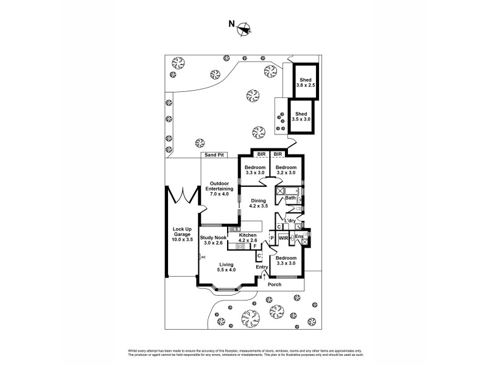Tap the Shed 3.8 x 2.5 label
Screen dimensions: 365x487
click(x=305, y=83)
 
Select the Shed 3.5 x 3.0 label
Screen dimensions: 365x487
click(x=301, y=117)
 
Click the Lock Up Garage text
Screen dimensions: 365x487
click(x=182, y=234)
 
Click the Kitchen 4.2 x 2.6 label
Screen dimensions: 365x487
click(x=248, y=238)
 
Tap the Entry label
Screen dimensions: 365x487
click(x=262, y=267)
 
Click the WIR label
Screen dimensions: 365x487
click(x=283, y=238)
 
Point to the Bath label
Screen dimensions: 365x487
click(x=290, y=198)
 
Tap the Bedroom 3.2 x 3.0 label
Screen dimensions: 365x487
click(x=286, y=170)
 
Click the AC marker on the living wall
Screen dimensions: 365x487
click(x=203, y=258)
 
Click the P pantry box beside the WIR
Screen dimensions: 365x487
click(x=272, y=238)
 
